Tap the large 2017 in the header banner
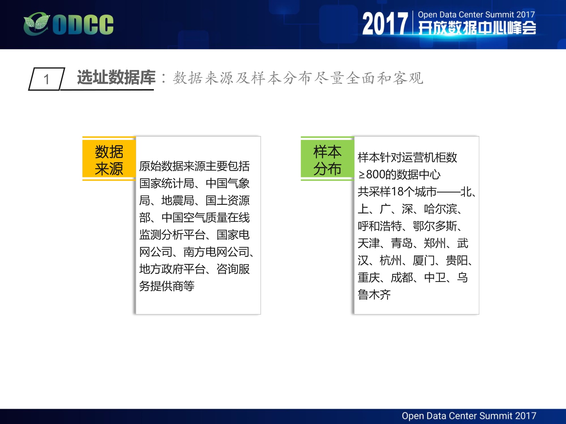385,24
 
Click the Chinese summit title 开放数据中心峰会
477,28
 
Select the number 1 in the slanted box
46,79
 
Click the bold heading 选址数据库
116,77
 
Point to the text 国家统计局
167,183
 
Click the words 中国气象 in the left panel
227,183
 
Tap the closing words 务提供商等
167,286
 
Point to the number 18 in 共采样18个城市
397,192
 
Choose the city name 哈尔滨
440,209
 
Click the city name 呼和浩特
380,226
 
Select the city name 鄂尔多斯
435,226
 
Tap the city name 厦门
424,260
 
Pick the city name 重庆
369,278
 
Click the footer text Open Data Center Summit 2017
469,416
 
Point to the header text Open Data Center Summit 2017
476,15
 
